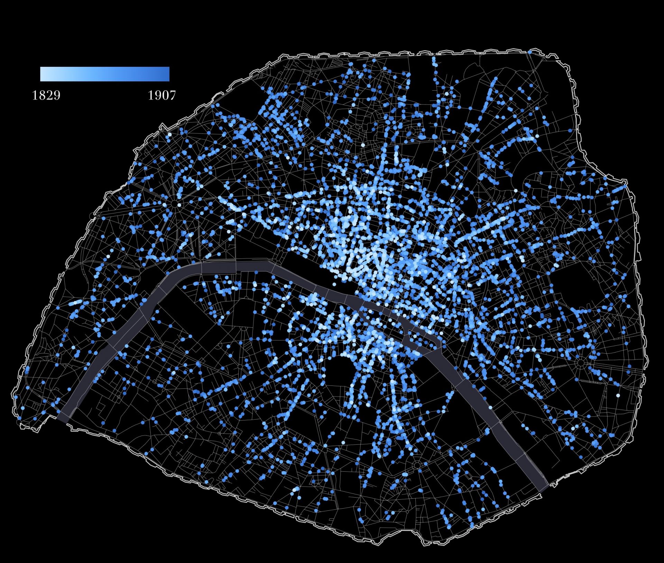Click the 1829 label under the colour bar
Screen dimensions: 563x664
pyautogui.click(x=46, y=95)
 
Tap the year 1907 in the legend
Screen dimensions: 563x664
pyautogui.click(x=162, y=95)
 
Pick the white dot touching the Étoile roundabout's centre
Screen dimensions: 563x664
pyautogui.click(x=179, y=205)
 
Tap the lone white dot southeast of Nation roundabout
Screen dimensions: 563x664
pyautogui.click(x=618, y=395)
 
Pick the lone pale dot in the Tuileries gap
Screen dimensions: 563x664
pyautogui.click(x=334, y=284)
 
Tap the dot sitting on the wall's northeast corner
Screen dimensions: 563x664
pyautogui.click(x=529, y=52)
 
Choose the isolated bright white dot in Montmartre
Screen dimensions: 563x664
pyautogui.click(x=363, y=145)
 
